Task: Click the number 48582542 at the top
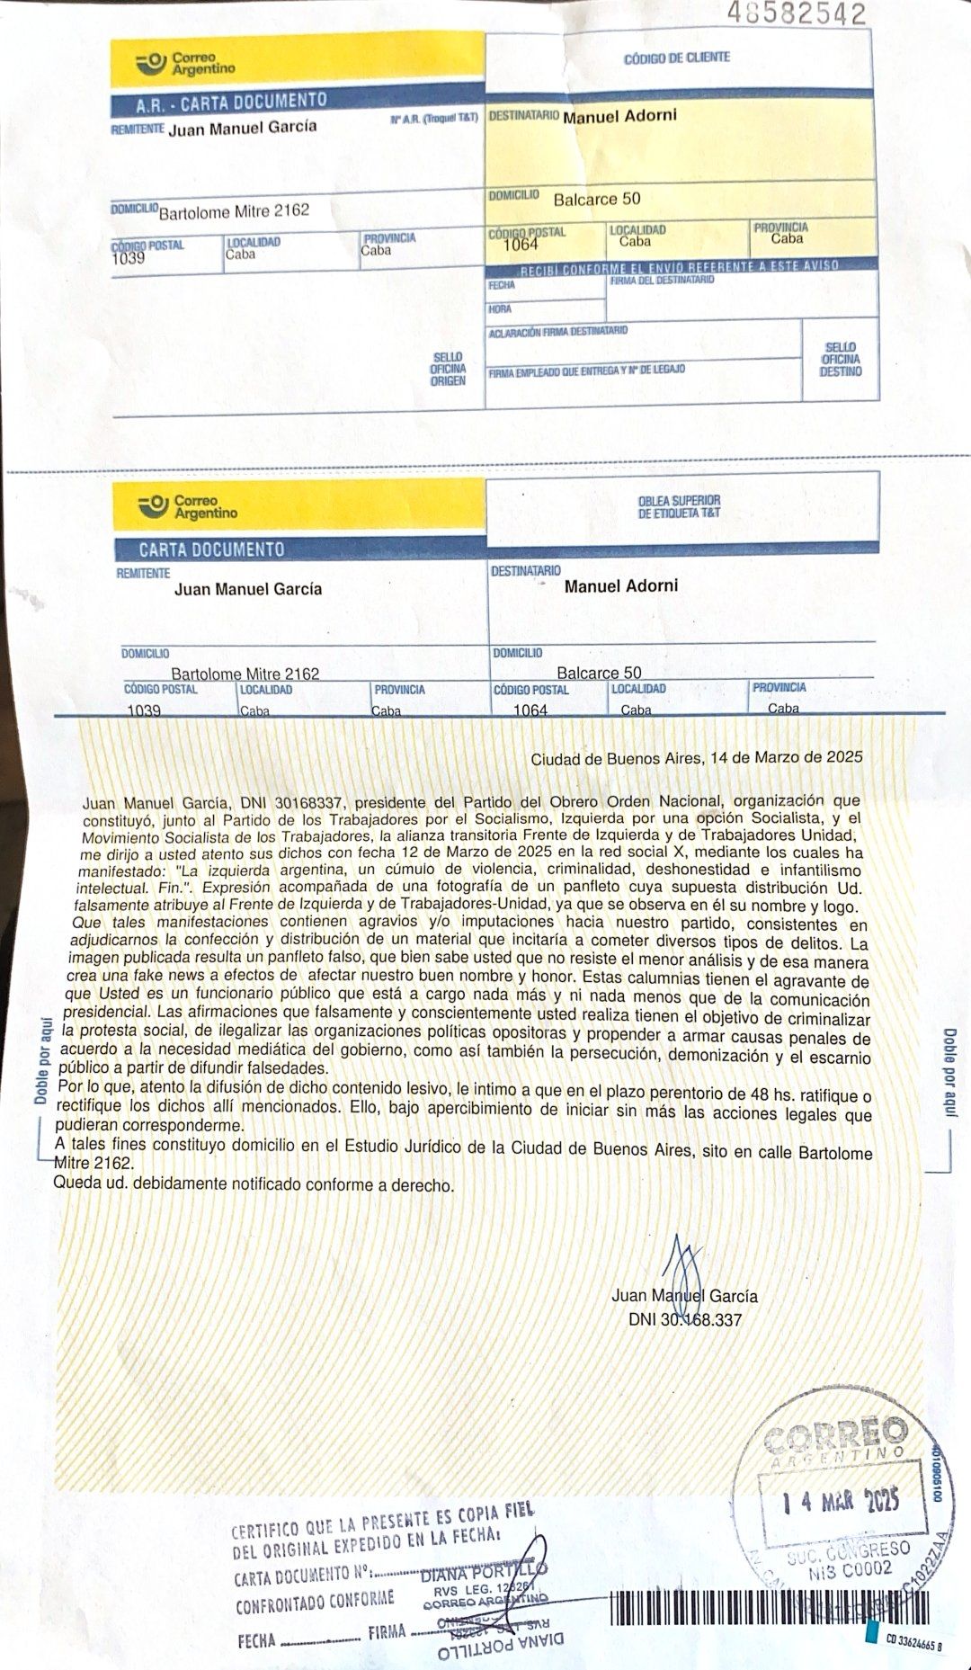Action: [x=797, y=13]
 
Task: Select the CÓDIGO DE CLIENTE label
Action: [x=677, y=58]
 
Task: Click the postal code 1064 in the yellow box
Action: [x=521, y=245]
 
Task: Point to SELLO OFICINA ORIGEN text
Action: [x=448, y=369]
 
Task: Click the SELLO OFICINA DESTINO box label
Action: [x=840, y=359]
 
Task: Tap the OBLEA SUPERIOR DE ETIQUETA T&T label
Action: [x=679, y=506]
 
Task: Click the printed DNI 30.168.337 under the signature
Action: [x=685, y=1320]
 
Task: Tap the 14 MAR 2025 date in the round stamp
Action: [x=840, y=1501]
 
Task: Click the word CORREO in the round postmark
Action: [x=835, y=1436]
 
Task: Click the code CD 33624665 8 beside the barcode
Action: [x=913, y=1639]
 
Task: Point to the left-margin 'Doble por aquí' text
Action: [x=41, y=1061]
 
